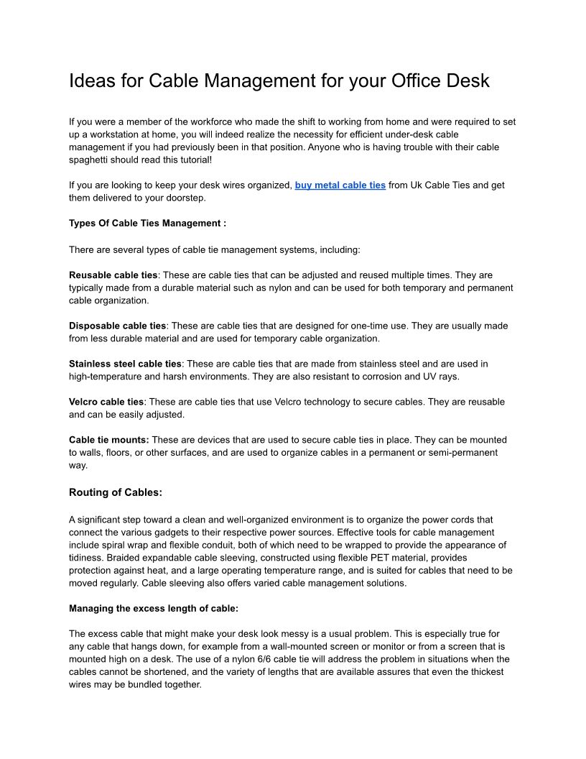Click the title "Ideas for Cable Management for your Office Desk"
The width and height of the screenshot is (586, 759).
click(x=279, y=80)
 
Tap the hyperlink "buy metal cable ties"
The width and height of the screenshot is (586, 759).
click(x=340, y=185)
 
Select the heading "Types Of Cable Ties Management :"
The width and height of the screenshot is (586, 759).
click(x=147, y=224)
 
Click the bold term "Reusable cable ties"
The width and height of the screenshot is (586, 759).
click(x=113, y=275)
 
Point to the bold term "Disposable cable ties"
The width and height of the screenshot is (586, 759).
click(x=118, y=326)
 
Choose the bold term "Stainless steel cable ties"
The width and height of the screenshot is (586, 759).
click(x=125, y=364)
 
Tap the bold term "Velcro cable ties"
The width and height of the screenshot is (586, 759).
click(x=106, y=402)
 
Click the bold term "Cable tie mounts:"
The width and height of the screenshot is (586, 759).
click(x=109, y=440)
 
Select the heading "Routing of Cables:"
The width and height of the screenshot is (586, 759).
click(x=116, y=493)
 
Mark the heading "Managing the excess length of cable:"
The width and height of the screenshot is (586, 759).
click(x=154, y=609)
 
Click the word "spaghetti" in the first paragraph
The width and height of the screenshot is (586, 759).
click(x=90, y=160)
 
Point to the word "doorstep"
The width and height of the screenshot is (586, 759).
click(x=186, y=198)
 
